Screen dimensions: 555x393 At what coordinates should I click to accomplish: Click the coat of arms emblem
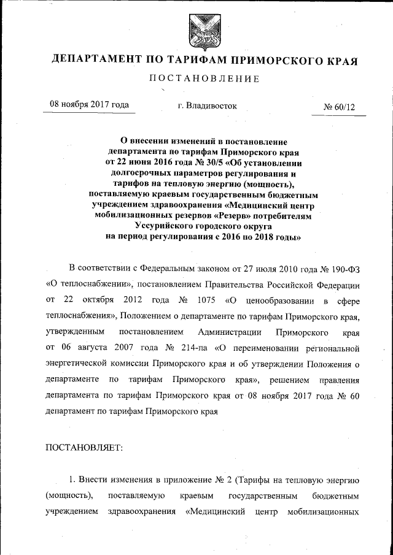pyautogui.click(x=196, y=30)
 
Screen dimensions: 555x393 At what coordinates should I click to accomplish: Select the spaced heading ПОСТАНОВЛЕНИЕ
pyautogui.click(x=196, y=78)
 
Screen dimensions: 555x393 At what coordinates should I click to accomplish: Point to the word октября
pyautogui.click(x=101, y=300)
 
